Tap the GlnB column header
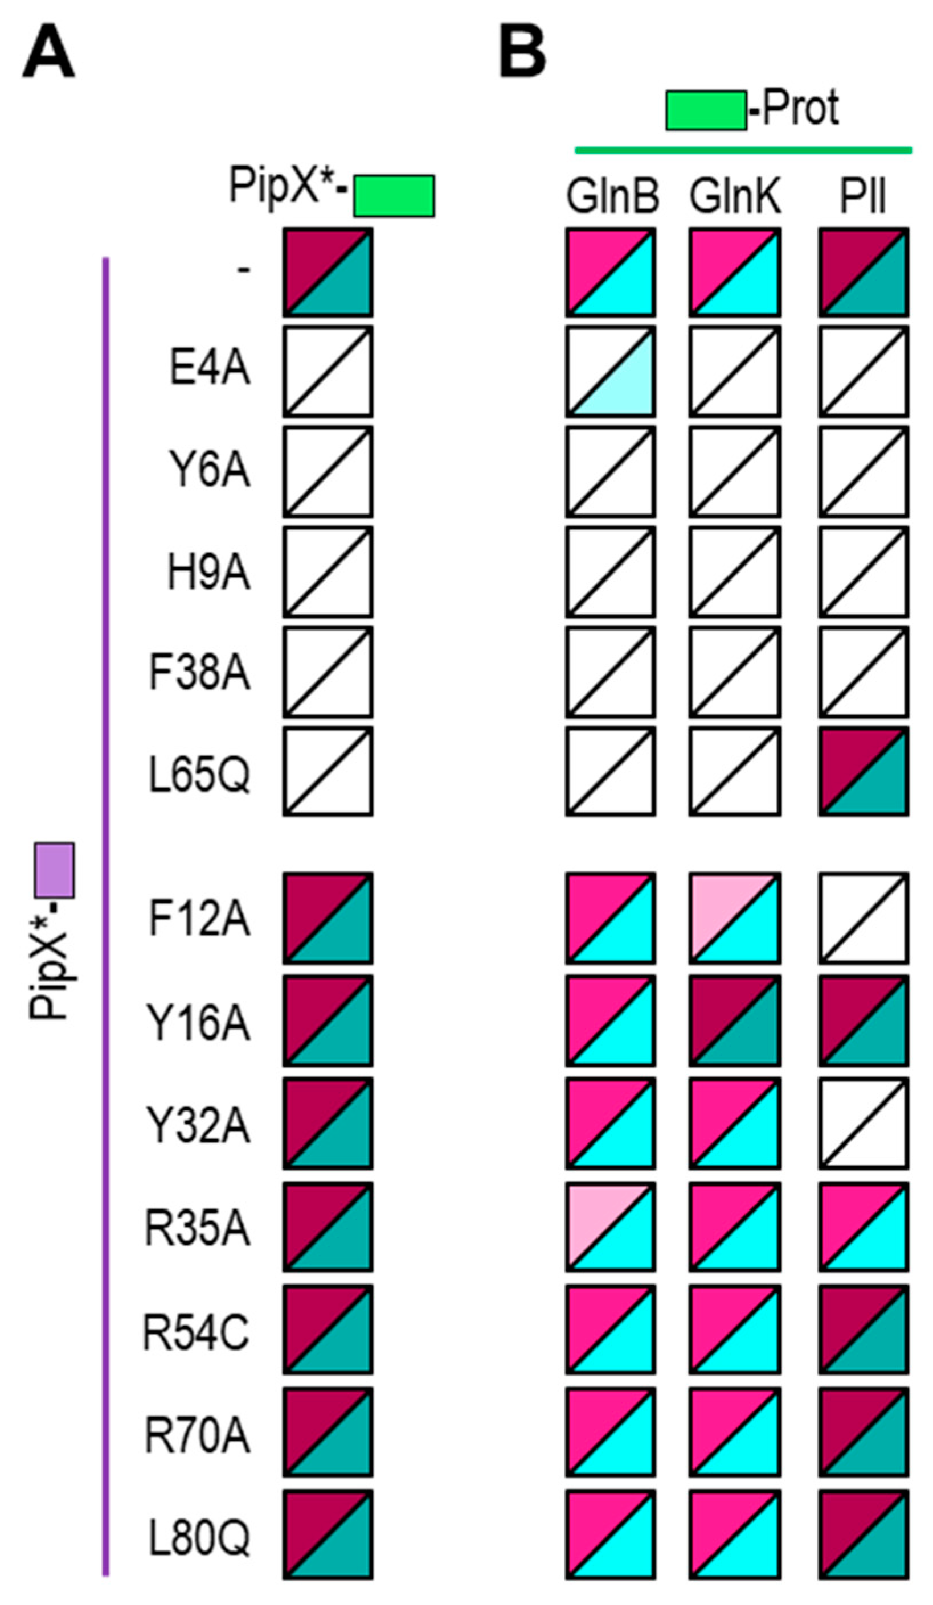[612, 197]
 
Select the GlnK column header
[734, 197]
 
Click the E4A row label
[209, 369]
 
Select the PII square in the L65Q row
[864, 771]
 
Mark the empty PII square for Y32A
[864, 1123]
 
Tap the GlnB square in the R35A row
[611, 1227]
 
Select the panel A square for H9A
[328, 572]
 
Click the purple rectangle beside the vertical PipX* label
[55, 870]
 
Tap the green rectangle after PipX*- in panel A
[394, 196]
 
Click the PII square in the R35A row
[864, 1227]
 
